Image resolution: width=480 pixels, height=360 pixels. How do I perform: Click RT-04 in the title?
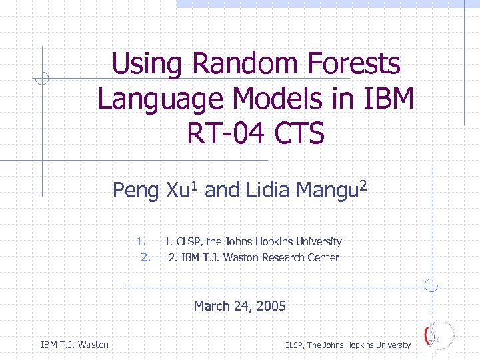(x=225, y=134)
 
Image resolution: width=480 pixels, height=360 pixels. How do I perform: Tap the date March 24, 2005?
(x=239, y=306)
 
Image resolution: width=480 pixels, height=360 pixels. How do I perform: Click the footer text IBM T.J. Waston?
(x=75, y=345)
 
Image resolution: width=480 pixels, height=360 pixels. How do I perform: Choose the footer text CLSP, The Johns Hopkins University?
(x=347, y=345)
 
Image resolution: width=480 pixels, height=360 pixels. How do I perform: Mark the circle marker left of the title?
(x=42, y=79)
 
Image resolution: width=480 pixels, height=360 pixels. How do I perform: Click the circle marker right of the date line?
(x=431, y=287)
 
